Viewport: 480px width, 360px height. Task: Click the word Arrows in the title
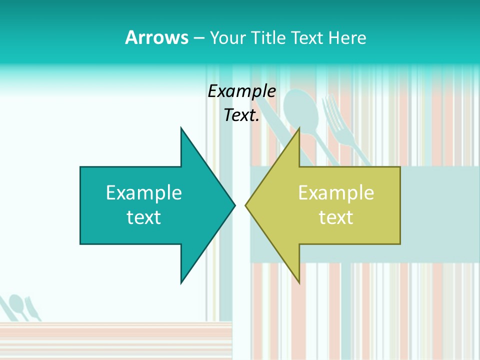click(x=156, y=37)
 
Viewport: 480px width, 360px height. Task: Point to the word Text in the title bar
click(x=307, y=37)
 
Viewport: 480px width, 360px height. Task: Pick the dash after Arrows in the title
click(x=198, y=38)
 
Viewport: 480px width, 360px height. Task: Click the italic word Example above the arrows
click(x=241, y=91)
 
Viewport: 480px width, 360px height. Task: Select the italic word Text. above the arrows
click(x=241, y=115)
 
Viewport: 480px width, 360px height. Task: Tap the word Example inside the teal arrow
click(x=144, y=193)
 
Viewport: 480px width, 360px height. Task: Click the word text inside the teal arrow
click(x=144, y=217)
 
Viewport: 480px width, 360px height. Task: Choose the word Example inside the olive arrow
click(x=336, y=193)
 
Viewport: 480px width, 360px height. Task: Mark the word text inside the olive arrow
click(x=336, y=217)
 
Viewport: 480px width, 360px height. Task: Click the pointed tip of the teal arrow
click(x=234, y=205)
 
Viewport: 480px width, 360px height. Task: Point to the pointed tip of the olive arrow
click(x=246, y=205)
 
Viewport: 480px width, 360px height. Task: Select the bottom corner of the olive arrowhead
click(x=299, y=282)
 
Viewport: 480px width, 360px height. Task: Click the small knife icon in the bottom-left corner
click(x=32, y=309)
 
